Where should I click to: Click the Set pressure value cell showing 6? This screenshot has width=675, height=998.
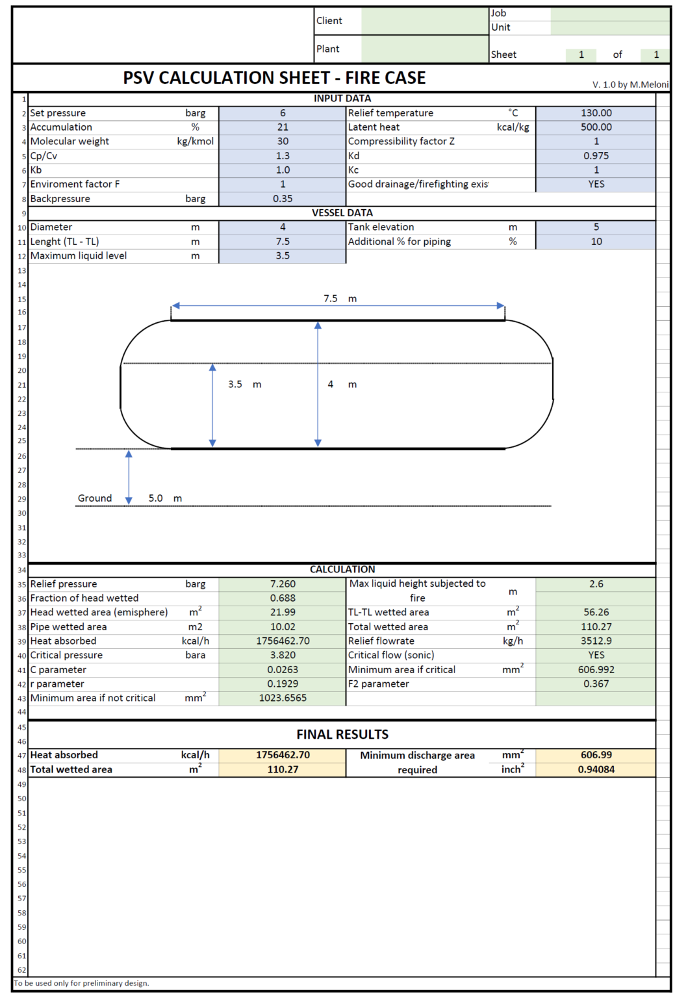[x=283, y=113]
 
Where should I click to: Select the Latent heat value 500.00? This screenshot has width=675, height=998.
[x=596, y=127]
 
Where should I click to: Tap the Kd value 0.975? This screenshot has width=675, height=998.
[x=596, y=156]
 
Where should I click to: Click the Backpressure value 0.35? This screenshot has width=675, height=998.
[x=283, y=199]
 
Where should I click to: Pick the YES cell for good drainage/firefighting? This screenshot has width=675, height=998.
[x=596, y=185]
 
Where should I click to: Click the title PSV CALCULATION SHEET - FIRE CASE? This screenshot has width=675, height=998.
[x=274, y=78]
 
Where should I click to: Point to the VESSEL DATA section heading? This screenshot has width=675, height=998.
[x=342, y=213]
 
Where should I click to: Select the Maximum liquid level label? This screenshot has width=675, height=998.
[x=79, y=256]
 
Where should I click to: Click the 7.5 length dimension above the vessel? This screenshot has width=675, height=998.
[x=331, y=299]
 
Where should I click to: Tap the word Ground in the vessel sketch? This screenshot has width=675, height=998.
[x=95, y=498]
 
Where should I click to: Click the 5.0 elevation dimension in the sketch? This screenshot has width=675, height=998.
[x=156, y=498]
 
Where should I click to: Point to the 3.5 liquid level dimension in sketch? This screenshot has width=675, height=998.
[x=235, y=385]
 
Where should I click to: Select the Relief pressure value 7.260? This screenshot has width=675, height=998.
[x=283, y=584]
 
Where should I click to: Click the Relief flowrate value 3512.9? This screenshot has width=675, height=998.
[x=596, y=641]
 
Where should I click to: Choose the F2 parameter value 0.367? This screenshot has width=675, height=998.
[x=596, y=684]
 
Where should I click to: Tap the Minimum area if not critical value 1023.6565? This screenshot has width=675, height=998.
[x=283, y=698]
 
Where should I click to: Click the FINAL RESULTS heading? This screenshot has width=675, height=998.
[x=342, y=735]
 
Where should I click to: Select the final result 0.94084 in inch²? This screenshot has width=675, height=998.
[x=596, y=770]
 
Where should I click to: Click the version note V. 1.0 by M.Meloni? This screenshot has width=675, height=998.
[x=630, y=84]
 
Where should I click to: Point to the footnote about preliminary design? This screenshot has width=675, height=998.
[x=82, y=984]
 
